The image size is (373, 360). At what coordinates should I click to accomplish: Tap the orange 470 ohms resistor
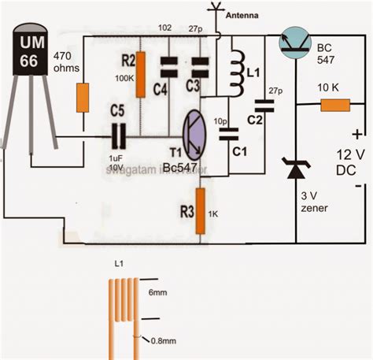(81, 98)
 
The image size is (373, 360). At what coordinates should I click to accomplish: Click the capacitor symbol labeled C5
(117, 138)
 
